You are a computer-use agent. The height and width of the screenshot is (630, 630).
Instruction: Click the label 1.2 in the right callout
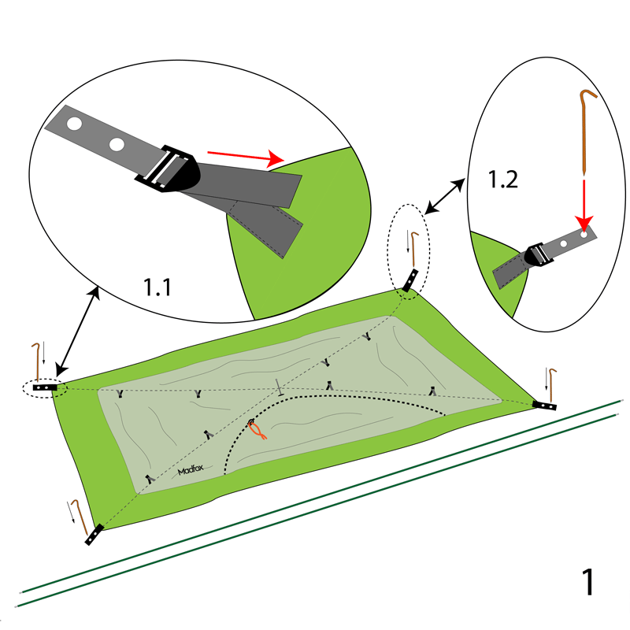pos(502,180)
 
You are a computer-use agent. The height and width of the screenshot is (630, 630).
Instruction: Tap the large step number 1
pos(587,582)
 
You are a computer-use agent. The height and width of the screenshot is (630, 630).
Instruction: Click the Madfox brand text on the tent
pos(191,471)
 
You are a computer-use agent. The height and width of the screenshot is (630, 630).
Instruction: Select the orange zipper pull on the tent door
pos(256,429)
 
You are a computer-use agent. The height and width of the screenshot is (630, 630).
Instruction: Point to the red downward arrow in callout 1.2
pos(584,203)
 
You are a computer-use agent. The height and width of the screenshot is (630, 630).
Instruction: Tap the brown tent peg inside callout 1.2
pos(585,130)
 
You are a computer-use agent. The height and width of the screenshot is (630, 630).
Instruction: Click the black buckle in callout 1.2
pos(538,255)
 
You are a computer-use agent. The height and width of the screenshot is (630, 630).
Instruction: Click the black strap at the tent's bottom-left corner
pos(94,535)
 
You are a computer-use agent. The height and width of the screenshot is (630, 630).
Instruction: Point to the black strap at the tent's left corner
pos(45,387)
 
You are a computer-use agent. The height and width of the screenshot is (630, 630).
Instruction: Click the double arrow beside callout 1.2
pos(444,196)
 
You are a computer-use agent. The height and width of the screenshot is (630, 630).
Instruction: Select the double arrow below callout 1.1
pos(76,330)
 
